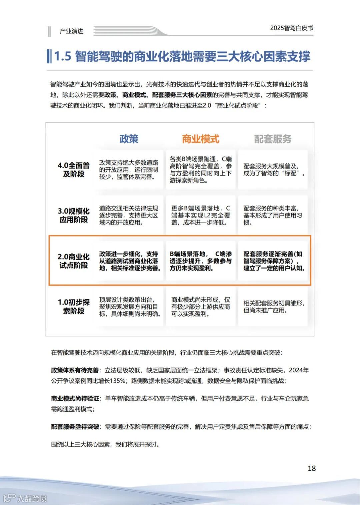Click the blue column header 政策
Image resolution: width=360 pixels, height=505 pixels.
129,139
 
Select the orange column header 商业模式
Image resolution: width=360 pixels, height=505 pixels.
201,139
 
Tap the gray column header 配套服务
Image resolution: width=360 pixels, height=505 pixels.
273,139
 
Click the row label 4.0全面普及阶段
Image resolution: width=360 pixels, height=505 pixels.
74,170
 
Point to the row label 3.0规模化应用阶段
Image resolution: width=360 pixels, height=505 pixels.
74,215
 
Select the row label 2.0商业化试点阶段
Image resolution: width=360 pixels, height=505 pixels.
74,261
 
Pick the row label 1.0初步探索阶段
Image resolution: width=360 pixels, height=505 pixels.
74,307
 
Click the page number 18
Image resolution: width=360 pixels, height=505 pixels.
311,468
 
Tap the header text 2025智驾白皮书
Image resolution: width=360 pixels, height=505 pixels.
292,28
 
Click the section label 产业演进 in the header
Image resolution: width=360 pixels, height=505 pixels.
71,31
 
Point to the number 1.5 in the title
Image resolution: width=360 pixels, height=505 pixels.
63,56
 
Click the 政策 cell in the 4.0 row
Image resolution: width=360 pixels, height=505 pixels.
129,170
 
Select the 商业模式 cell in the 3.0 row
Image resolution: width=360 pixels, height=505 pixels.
201,215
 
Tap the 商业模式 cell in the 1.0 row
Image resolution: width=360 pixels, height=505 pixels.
201,307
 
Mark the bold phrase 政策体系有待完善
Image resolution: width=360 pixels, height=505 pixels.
75,370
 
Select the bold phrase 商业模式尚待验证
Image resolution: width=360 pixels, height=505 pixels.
75,399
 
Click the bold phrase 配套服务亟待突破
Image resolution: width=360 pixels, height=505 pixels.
75,427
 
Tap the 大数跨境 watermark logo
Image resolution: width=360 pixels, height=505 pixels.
25,498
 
